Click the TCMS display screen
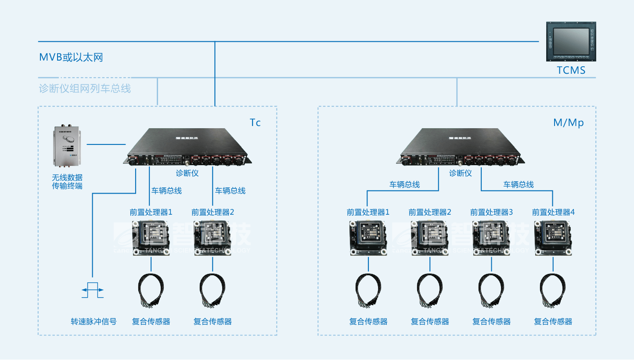(571, 41)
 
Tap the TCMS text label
(571, 70)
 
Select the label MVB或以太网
(71, 57)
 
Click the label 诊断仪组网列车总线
(85, 88)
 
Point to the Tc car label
(255, 122)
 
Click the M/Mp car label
(568, 122)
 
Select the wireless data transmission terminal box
(68, 147)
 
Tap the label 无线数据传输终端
(67, 182)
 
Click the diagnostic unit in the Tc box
(188, 148)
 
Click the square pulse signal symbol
(93, 290)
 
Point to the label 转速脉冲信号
(94, 321)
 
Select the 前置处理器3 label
(491, 212)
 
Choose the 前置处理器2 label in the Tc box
(213, 212)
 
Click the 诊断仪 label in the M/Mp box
(460, 173)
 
